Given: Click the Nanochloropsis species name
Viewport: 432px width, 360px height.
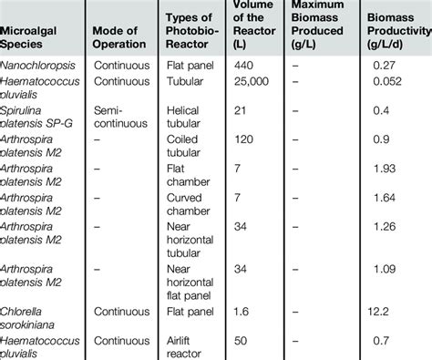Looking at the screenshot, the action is (41, 65).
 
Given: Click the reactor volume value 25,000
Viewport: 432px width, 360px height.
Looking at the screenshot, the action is (252, 81).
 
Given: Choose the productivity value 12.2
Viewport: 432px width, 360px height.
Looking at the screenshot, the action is (394, 310).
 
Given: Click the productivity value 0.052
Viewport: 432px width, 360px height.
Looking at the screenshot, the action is (396, 81).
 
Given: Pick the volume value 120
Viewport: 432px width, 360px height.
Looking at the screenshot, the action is (244, 141).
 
